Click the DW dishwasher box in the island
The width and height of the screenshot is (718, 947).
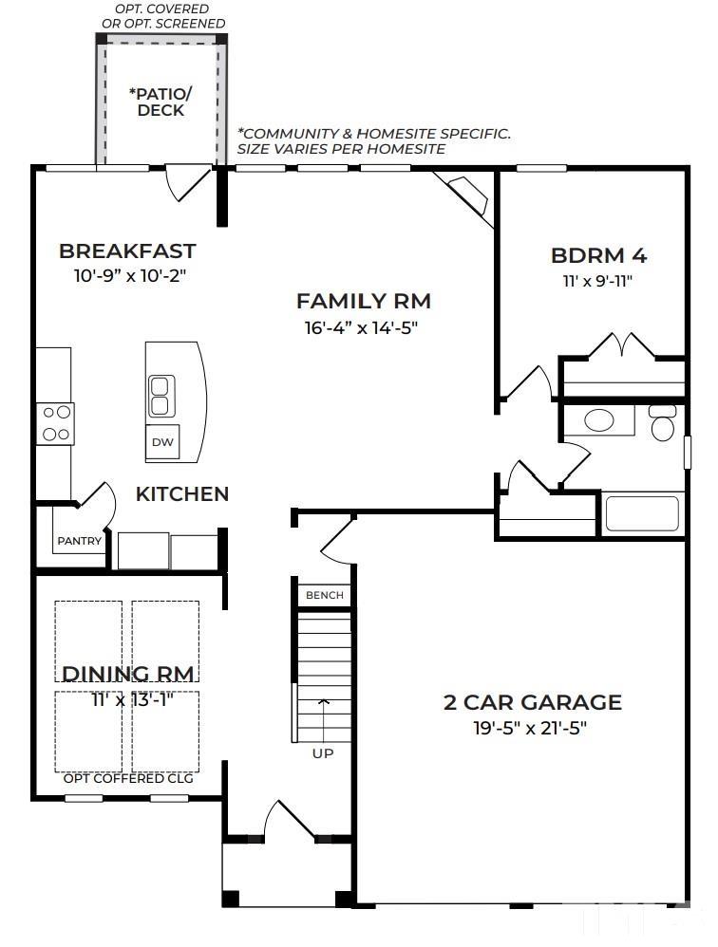point(162,441)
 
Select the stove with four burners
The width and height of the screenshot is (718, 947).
point(56,423)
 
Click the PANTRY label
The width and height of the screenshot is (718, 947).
point(79,541)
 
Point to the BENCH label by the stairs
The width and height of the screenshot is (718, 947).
point(325,595)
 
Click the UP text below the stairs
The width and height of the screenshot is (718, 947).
point(323,753)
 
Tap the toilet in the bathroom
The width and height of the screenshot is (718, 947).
point(662,423)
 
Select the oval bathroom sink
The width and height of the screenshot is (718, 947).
point(599,420)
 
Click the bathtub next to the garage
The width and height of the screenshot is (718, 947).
point(642,513)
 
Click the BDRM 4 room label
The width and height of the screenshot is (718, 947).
point(599,255)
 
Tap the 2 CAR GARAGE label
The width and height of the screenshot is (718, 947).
point(533,702)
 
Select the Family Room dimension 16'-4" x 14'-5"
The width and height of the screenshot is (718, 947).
point(362,328)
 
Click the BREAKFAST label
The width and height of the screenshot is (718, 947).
point(127,251)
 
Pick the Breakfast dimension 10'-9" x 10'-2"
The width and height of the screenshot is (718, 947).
point(129,276)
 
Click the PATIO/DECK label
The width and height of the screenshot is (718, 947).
point(161,102)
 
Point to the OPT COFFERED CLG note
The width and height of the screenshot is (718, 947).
point(128,778)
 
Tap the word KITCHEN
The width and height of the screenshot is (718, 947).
point(182,494)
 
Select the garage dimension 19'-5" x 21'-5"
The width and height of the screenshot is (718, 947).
point(530,729)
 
